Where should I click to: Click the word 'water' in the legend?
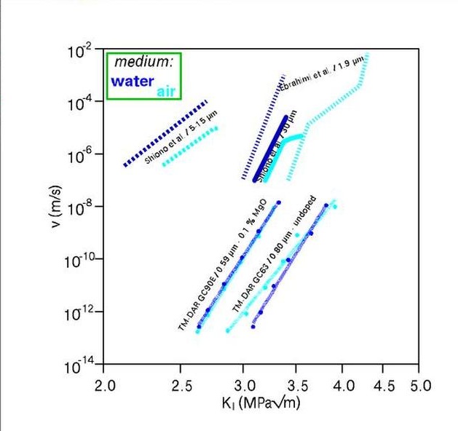133,81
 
